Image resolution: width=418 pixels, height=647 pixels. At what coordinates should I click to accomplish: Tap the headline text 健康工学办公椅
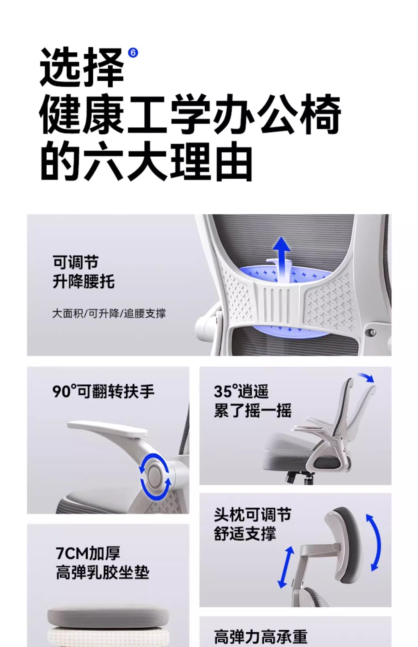click(190, 114)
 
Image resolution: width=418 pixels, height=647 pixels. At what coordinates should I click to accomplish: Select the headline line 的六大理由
click(147, 161)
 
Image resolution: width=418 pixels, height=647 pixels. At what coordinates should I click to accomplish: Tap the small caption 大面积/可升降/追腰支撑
click(109, 313)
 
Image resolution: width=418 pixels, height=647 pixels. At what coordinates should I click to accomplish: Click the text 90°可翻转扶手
click(103, 391)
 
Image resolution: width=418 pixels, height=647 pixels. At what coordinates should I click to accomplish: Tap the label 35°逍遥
click(241, 391)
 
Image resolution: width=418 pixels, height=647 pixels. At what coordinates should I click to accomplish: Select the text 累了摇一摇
click(253, 410)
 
